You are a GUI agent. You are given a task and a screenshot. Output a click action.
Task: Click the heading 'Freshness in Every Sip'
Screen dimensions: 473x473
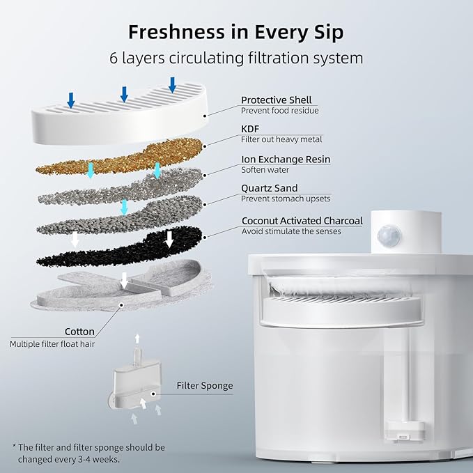(236, 32)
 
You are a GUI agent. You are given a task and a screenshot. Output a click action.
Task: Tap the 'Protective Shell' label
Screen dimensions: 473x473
(276, 100)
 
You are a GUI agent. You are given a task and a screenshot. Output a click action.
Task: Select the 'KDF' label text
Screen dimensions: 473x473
(251, 130)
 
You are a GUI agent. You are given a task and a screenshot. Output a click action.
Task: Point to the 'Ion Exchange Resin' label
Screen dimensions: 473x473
(286, 159)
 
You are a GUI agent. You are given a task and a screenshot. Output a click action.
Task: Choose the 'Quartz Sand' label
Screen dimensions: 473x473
(269, 187)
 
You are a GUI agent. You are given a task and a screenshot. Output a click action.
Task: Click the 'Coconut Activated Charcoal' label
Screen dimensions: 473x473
(302, 220)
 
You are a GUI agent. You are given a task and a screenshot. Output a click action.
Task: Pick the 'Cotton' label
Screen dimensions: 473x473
(79, 332)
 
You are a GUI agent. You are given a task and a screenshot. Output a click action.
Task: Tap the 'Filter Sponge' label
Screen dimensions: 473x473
(204, 385)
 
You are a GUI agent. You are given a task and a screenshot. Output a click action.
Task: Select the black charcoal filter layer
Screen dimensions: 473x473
(118, 248)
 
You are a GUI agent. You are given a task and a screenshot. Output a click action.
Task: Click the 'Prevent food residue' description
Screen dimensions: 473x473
(279, 111)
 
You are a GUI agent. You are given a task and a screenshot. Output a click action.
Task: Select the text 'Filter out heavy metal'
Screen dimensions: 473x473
(281, 140)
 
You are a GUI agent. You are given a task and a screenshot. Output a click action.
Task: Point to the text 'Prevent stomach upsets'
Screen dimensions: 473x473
(286, 199)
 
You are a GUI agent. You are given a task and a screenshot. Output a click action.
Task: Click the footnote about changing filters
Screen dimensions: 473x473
(88, 452)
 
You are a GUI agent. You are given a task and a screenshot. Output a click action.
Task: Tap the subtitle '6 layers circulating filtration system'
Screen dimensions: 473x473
(236, 58)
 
